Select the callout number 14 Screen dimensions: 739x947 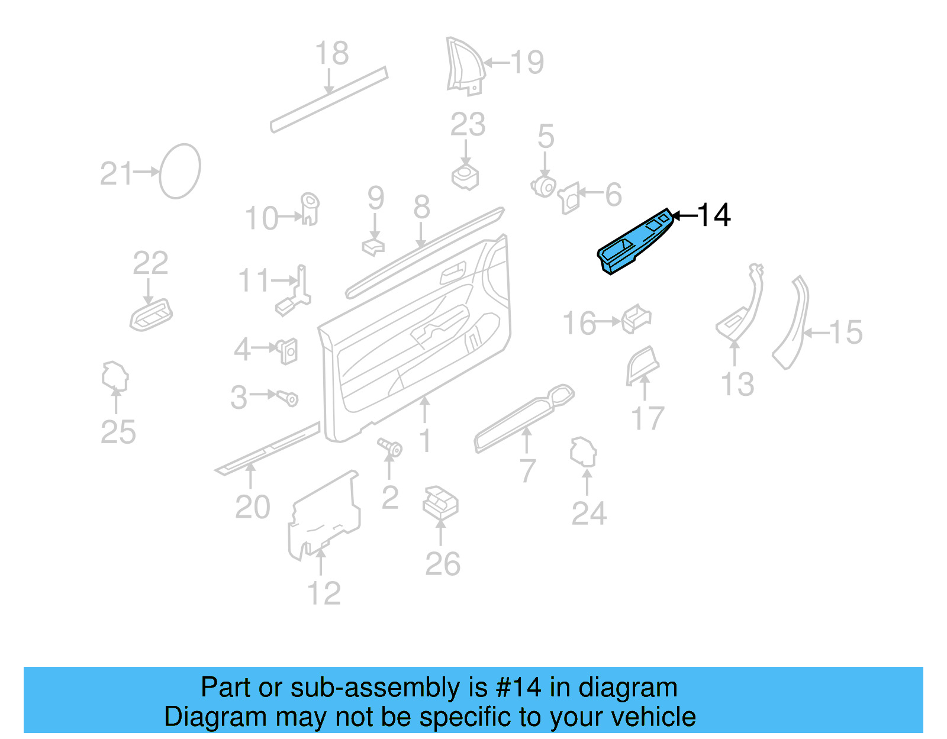(x=714, y=215)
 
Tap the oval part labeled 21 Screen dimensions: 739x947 (x=180, y=171)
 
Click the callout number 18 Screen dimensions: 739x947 (x=332, y=54)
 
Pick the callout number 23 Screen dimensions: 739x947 (x=468, y=125)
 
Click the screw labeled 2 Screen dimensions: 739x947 (x=391, y=448)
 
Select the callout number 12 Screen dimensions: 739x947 (x=324, y=593)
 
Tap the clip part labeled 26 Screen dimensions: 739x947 (x=440, y=502)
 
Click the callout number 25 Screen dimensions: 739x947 (x=118, y=433)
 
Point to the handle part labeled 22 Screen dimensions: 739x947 (x=152, y=314)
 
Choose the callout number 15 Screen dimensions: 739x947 (x=846, y=333)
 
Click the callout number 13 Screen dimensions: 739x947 (x=737, y=385)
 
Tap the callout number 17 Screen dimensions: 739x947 (x=648, y=419)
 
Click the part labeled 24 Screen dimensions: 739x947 (x=583, y=453)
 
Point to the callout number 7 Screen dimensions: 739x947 (x=527, y=471)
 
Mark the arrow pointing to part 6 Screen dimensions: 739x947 (x=590, y=193)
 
